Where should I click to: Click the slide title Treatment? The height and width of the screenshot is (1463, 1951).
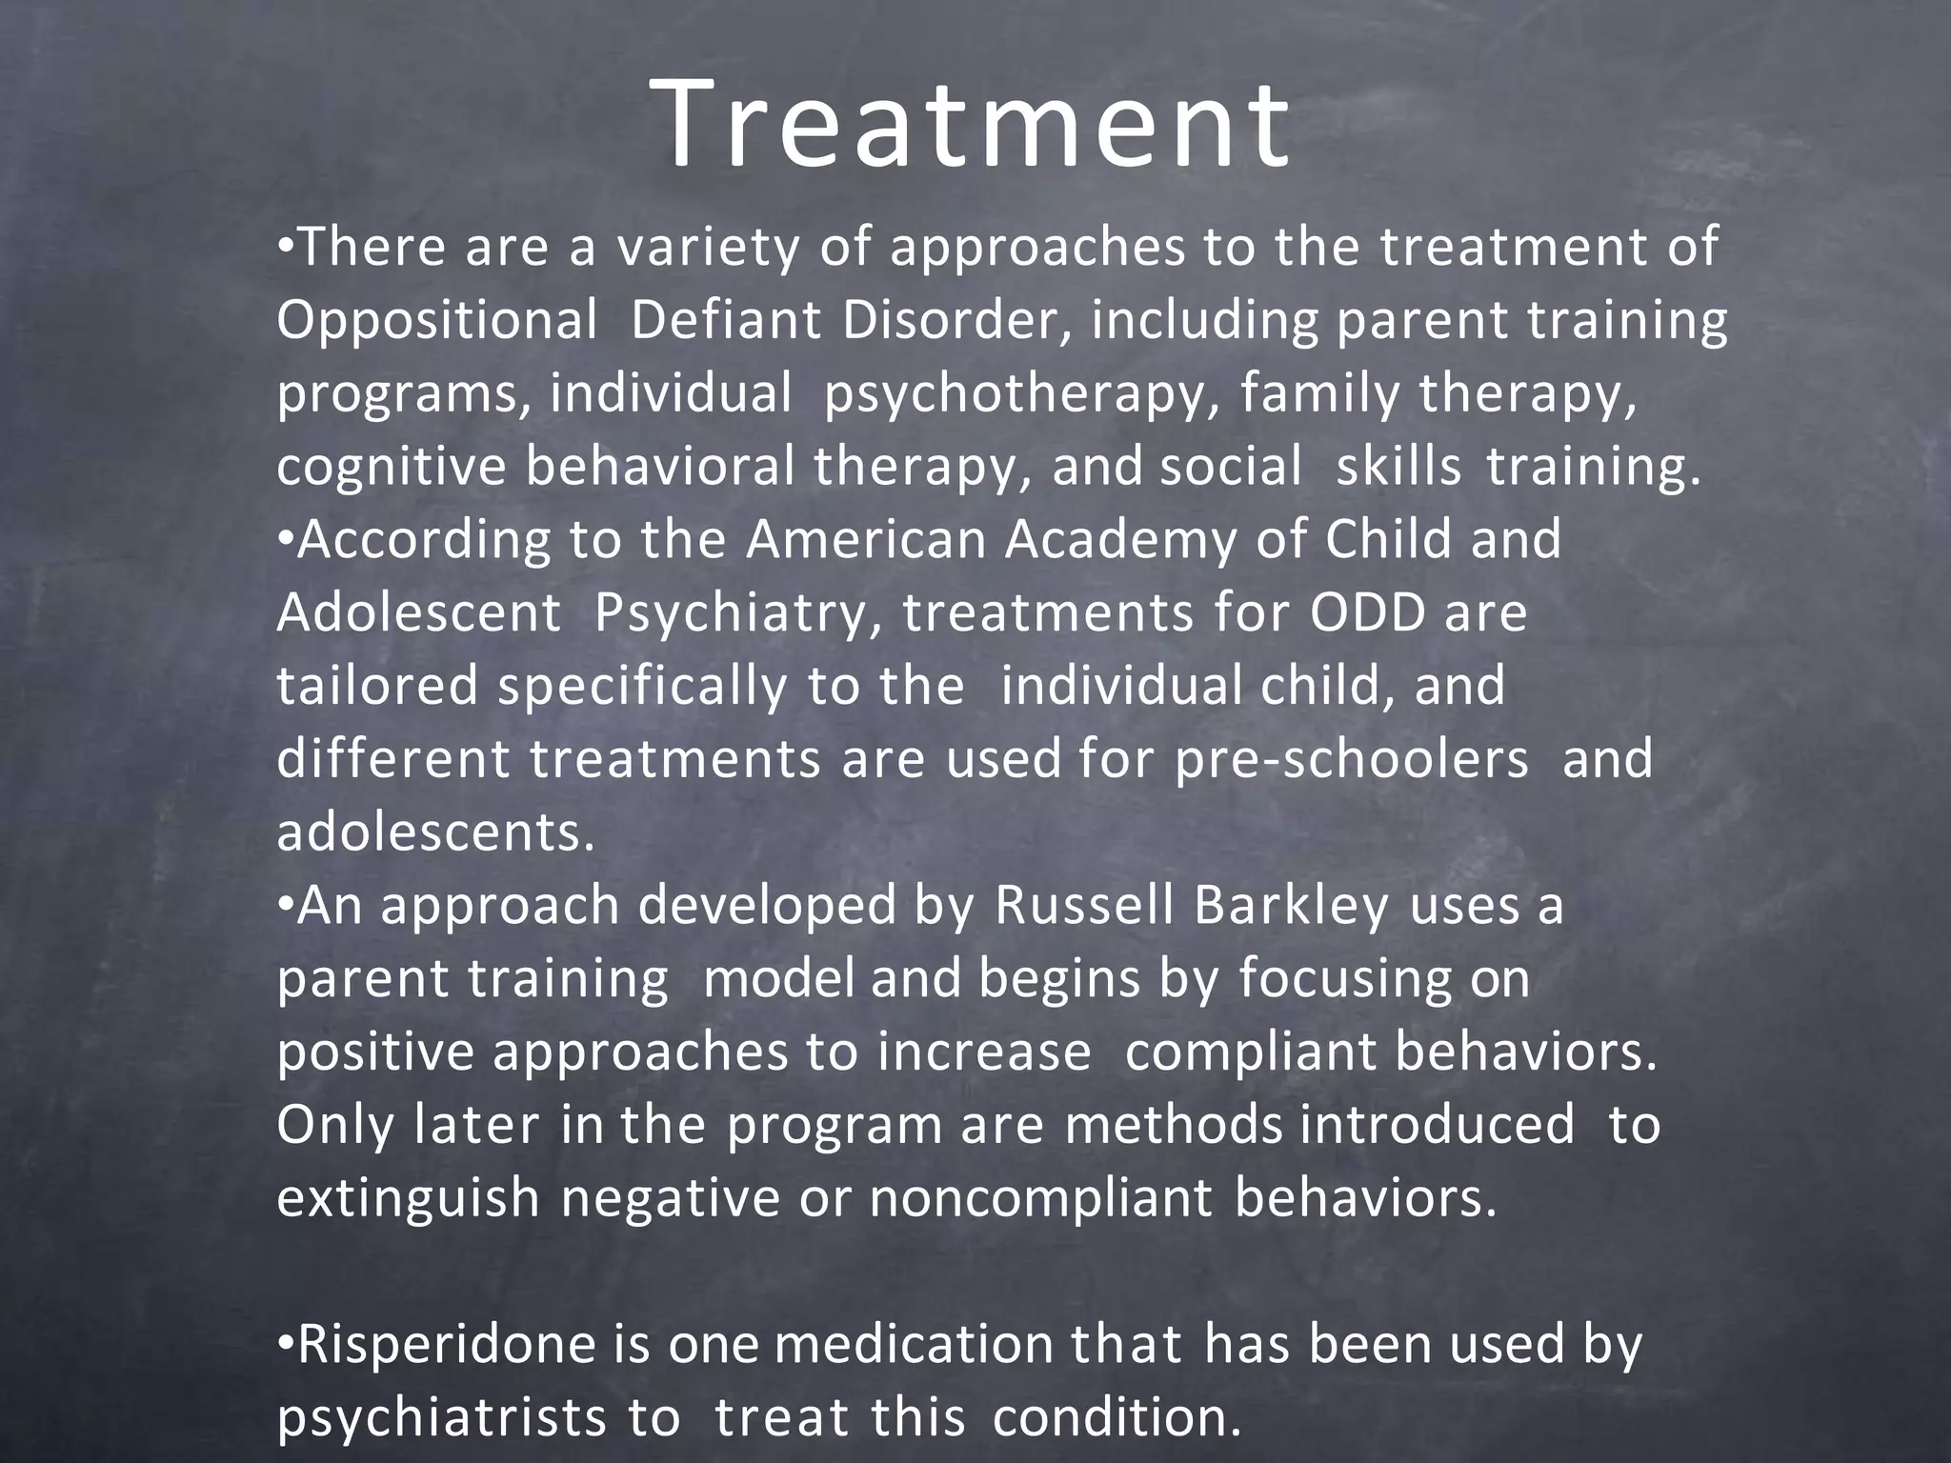click(974, 126)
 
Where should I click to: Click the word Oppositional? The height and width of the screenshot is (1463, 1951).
click(437, 321)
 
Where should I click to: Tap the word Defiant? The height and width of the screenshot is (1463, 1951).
click(725, 321)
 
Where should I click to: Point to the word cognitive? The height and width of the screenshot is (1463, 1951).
click(391, 468)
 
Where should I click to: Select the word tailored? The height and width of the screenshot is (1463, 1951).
click(377, 686)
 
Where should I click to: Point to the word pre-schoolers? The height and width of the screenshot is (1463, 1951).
click(1351, 760)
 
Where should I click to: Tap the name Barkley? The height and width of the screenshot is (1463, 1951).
click(1291, 907)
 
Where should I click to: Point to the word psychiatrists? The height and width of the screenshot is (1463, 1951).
click(441, 1418)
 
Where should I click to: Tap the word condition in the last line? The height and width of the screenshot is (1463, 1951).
click(1116, 1418)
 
